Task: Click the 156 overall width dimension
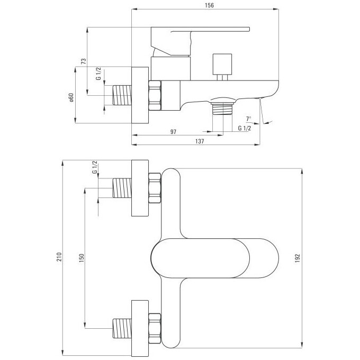click(209, 5)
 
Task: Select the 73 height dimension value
click(84, 61)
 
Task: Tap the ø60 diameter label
click(71, 97)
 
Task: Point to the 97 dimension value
click(173, 132)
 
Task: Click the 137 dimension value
click(200, 141)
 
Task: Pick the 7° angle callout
click(249, 119)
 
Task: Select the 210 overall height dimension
click(59, 257)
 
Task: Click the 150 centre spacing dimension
click(82, 258)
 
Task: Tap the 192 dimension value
click(298, 258)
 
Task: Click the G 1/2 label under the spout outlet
click(245, 128)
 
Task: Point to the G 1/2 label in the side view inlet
click(98, 74)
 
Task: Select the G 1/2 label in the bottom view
click(95, 167)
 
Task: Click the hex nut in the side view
click(155, 95)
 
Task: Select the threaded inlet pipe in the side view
click(122, 95)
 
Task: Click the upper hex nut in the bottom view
click(155, 188)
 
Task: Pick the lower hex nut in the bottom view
click(155, 329)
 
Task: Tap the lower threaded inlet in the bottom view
click(122, 328)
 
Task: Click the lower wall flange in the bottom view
click(140, 328)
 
